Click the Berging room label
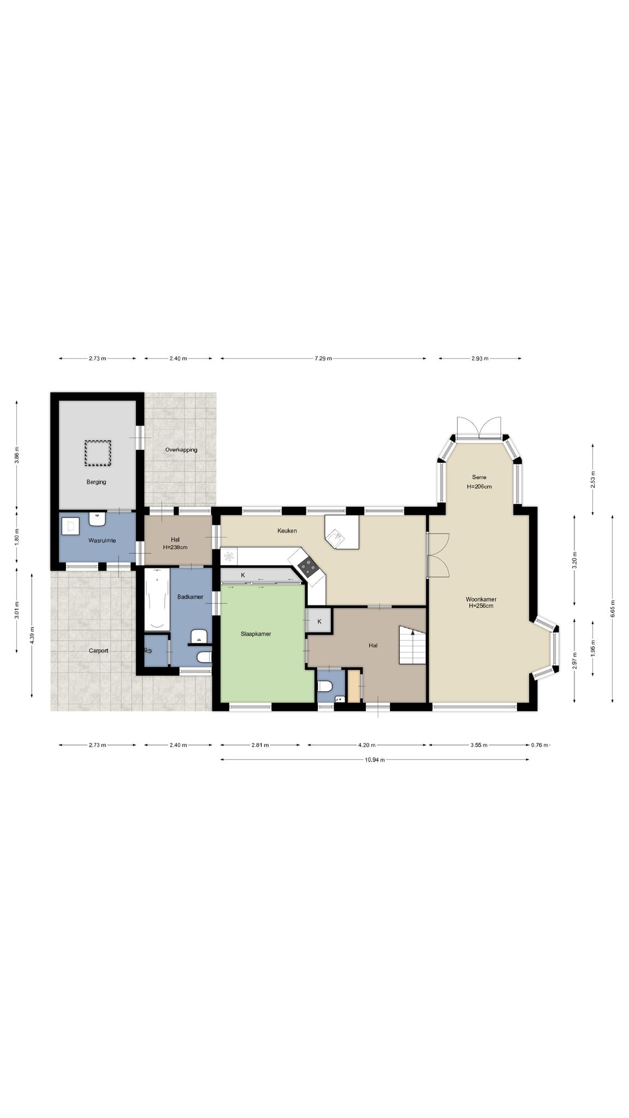click(x=96, y=482)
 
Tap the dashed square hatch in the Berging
click(x=98, y=453)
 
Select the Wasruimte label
click(x=102, y=540)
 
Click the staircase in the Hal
click(x=412, y=645)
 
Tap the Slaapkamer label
click(x=256, y=634)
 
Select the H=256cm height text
click(x=481, y=605)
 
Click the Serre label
click(x=479, y=477)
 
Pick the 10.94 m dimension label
click(x=375, y=760)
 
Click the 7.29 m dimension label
click(x=323, y=359)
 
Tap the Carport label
click(x=99, y=651)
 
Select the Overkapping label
click(x=181, y=450)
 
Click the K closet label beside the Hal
click(x=319, y=622)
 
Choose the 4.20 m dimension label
click(x=366, y=745)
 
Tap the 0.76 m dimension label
click(x=539, y=745)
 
